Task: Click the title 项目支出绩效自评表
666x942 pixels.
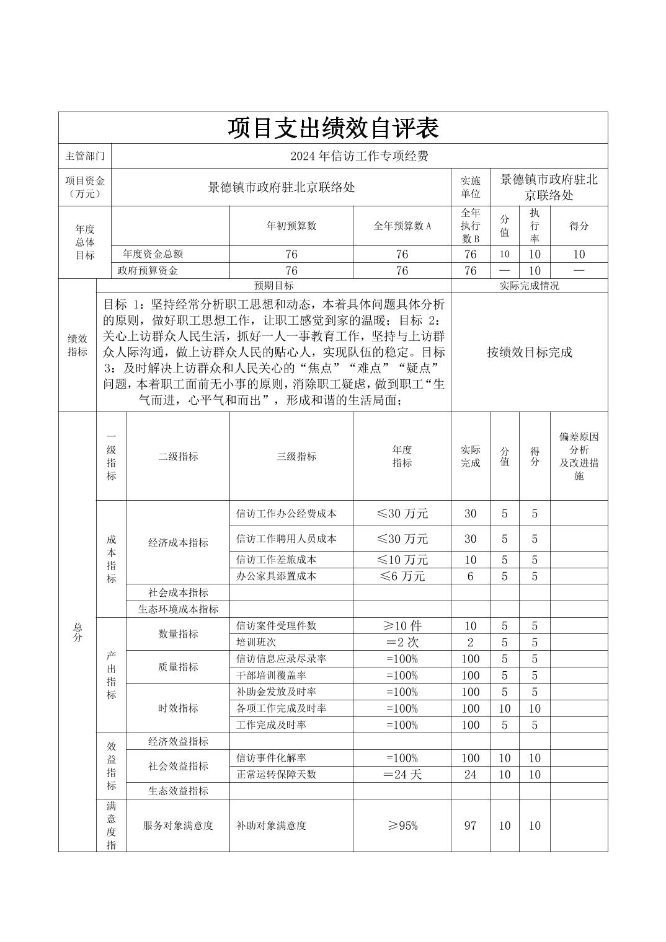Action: coord(333,128)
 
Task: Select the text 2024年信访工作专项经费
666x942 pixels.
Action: coord(359,156)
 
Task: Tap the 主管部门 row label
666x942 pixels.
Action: coord(85,156)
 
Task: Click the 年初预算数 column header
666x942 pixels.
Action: coord(291,226)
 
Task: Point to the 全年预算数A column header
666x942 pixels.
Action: coord(402,226)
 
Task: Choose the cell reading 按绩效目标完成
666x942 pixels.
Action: coord(529,352)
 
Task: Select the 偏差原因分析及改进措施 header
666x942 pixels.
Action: coord(579,456)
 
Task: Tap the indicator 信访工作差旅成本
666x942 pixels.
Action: coord(276,560)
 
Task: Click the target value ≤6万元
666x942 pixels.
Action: coord(402,576)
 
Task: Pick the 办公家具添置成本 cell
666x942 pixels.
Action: coord(276,576)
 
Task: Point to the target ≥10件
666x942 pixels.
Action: coord(402,626)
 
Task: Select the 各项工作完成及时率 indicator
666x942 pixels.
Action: coord(281,708)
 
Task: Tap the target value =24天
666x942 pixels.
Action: coord(402,775)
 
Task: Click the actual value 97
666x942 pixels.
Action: coord(470,825)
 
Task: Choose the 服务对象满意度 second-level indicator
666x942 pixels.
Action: coord(178,825)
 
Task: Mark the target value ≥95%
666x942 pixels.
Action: coord(402,825)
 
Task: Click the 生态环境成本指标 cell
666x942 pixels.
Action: coord(178,609)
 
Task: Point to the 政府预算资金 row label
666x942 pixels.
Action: coord(148,271)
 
